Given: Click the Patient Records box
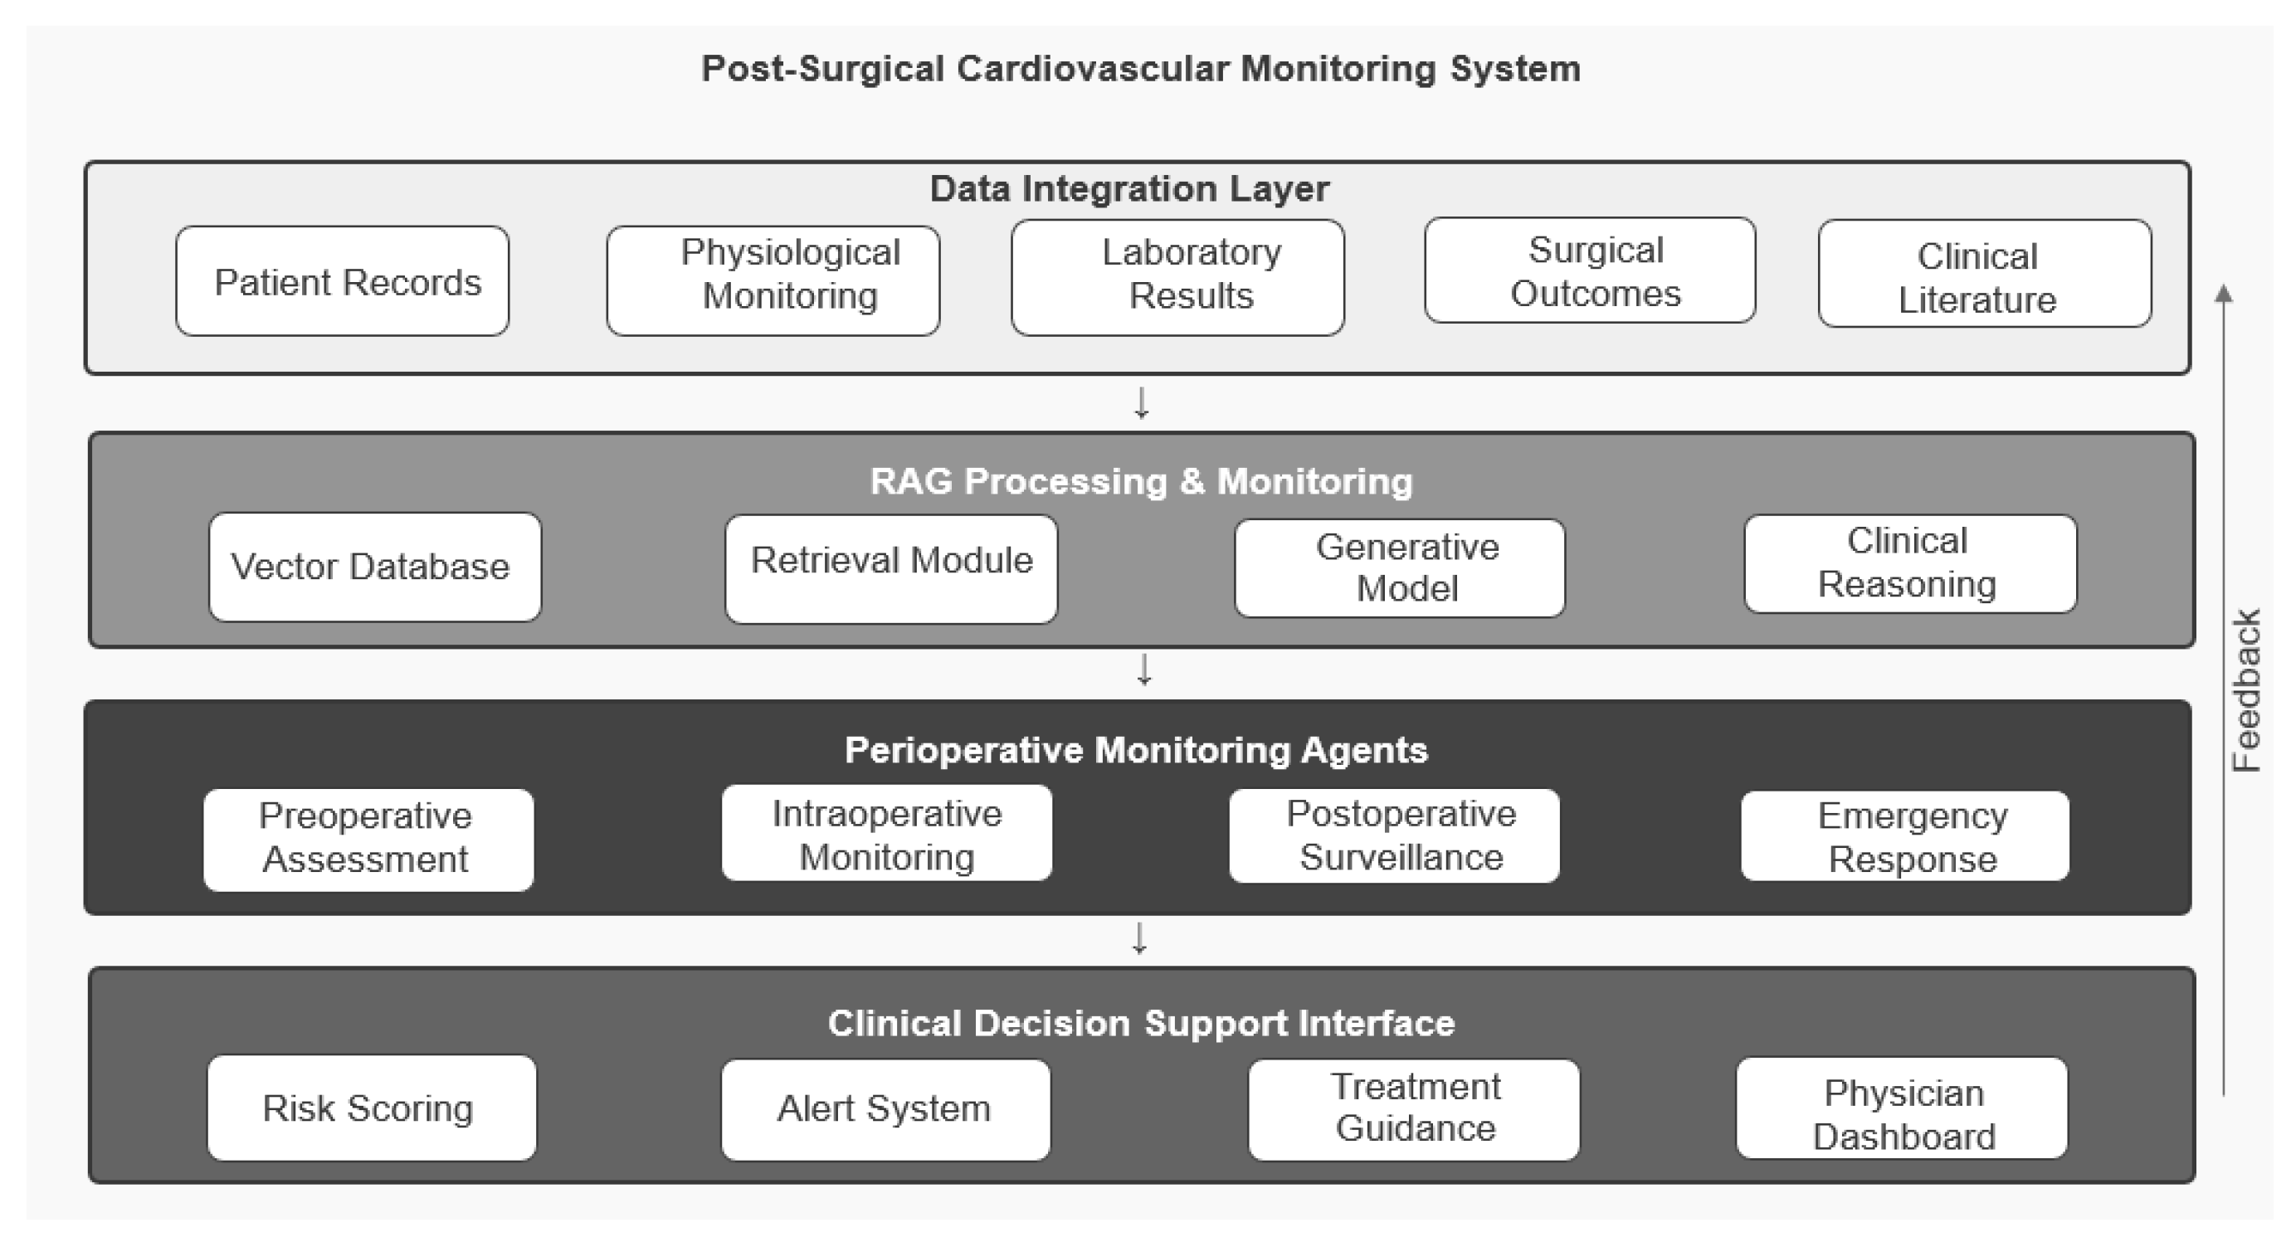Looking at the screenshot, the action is [x=343, y=281].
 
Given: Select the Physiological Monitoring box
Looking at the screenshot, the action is [x=773, y=281].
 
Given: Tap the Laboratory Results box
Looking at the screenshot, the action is [x=1177, y=277].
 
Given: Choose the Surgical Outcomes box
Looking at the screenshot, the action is [x=1590, y=270].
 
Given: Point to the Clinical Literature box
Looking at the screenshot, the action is [x=1985, y=274].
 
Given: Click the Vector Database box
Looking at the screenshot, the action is [x=375, y=567].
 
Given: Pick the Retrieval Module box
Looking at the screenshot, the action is [x=891, y=569].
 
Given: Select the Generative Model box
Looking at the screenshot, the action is [x=1400, y=568].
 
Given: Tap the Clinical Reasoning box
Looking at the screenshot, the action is [x=1910, y=563].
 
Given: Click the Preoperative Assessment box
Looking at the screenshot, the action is [x=368, y=840].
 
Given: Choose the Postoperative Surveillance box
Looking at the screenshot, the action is [x=1395, y=835].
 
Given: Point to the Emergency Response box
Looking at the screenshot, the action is [x=1905, y=835].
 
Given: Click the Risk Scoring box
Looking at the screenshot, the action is [x=372, y=1108].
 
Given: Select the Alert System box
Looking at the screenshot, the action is [x=886, y=1109].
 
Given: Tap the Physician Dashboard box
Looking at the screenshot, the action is [x=1902, y=1108].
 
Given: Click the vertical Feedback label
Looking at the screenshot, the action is [x=2246, y=690].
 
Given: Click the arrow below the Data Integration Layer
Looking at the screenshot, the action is [x=1142, y=402].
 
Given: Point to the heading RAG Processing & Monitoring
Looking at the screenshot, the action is [x=1141, y=481].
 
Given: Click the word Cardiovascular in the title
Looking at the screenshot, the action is [x=1093, y=69].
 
